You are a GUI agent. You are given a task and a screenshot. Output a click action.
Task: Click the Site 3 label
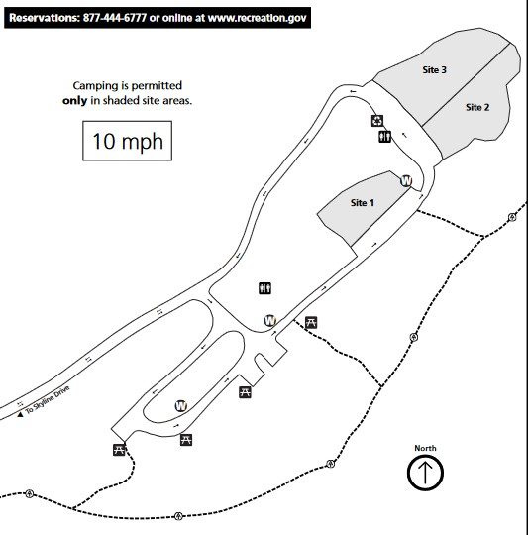click(434, 70)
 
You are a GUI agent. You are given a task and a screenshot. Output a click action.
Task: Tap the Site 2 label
click(477, 107)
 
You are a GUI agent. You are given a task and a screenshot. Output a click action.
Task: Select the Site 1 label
click(363, 203)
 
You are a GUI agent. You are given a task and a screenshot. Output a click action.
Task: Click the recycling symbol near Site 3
click(377, 121)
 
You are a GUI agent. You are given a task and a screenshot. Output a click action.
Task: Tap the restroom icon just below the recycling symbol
click(384, 137)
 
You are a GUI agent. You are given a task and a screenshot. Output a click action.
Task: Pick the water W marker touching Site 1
click(406, 181)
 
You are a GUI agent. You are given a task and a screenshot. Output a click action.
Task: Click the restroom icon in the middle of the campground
click(265, 288)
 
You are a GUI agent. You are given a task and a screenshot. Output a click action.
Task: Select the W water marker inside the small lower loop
click(181, 406)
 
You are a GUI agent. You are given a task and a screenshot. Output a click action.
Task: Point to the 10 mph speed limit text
click(128, 141)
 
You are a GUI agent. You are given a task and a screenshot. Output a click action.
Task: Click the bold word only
click(74, 101)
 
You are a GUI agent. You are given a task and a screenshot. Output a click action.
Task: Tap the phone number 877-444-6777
click(115, 18)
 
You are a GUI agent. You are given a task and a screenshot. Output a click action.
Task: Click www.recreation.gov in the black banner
click(258, 18)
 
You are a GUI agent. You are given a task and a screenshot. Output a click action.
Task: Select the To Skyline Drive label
click(48, 399)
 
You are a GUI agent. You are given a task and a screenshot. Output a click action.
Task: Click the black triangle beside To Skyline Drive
click(20, 414)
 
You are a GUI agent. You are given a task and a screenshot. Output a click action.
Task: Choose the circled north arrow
click(425, 473)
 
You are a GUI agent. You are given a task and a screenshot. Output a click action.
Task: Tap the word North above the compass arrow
click(425, 448)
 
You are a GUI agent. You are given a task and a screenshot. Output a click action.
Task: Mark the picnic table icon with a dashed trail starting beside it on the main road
click(311, 322)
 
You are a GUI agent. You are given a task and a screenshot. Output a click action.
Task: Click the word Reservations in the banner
click(44, 18)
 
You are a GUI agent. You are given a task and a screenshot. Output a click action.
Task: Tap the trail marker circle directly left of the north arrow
click(330, 464)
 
